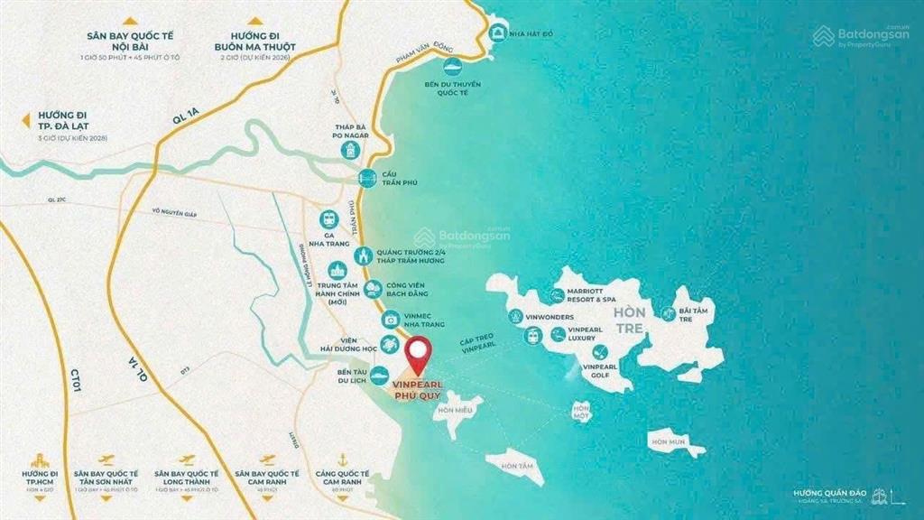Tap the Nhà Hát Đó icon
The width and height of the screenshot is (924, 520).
click(x=495, y=32)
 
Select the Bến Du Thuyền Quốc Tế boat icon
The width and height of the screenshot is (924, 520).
click(x=451, y=67)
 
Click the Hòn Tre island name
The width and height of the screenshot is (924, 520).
click(x=628, y=320)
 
